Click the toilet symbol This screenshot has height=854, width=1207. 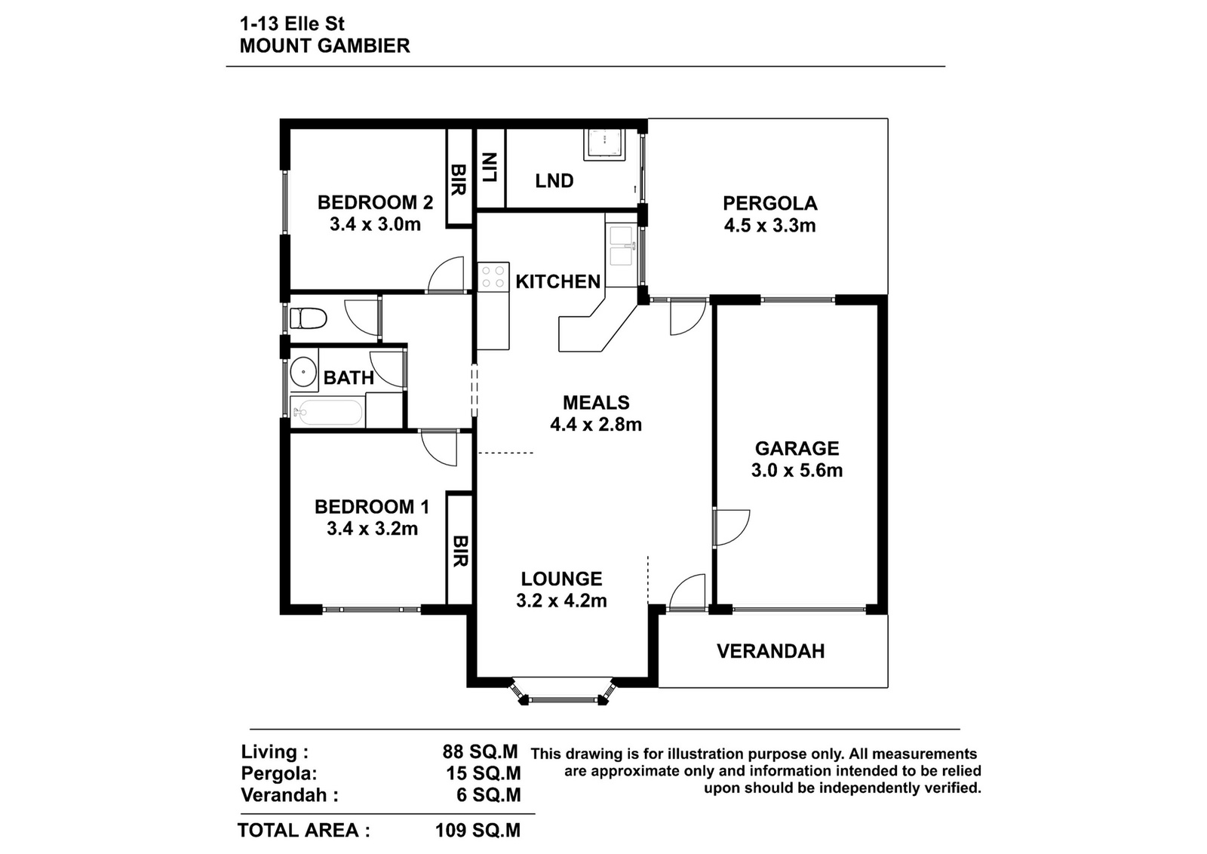pos(309,318)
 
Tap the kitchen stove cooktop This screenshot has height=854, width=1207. pos(493,277)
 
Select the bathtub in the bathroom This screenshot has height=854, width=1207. pos(327,413)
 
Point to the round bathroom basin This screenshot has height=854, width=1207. pos(303,372)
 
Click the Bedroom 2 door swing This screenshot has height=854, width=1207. pos(446,275)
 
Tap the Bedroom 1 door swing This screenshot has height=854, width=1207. pos(439,447)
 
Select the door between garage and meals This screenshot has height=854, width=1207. pos(731,528)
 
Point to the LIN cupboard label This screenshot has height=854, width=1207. pos(490,167)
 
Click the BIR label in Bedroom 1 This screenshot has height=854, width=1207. pos(459,551)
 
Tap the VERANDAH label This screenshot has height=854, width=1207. pos(770,651)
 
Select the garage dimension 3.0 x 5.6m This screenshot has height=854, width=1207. pos(797,470)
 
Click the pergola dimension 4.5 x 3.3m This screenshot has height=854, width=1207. pos(770,226)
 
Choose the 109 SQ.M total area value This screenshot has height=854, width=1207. pos(478,831)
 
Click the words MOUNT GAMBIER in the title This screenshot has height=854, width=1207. pos(325,46)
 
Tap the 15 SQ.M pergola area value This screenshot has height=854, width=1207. pos(484,773)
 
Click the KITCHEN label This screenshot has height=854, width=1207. pos(558,281)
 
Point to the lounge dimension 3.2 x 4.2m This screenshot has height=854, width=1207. pos(561,601)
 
